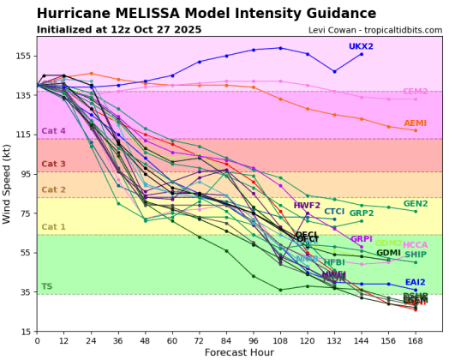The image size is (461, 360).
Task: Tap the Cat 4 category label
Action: click(x=53, y=131)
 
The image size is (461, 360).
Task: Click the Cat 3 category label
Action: click(x=53, y=164)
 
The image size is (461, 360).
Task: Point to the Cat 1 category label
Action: click(x=53, y=227)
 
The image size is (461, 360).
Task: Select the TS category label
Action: click(x=46, y=287)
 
